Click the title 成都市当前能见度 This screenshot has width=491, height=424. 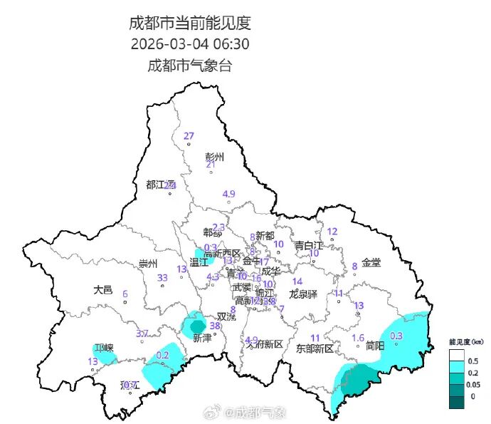click(190, 23)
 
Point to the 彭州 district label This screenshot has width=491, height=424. click(214, 157)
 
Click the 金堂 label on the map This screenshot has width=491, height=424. click(371, 262)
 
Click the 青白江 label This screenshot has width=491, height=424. click(310, 245)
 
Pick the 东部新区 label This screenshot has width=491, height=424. click(315, 348)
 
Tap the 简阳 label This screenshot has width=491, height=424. click(375, 346)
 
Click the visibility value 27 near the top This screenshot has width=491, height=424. click(189, 136)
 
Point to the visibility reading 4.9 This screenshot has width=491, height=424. click(228, 194)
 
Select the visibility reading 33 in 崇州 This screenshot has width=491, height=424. click(162, 278)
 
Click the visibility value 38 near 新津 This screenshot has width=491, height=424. click(214, 325)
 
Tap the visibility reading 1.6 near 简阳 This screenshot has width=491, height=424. click(358, 338)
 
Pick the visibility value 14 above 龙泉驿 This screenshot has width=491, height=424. click(297, 281)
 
